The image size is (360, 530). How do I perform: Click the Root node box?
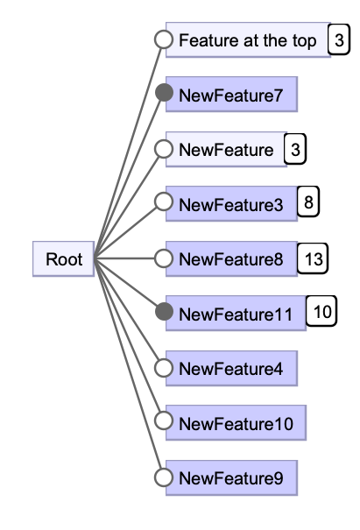[x=64, y=259]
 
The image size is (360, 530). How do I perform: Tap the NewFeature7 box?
[x=231, y=95]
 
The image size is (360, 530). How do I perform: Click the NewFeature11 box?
[x=235, y=313]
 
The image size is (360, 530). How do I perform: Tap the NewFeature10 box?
[x=235, y=423]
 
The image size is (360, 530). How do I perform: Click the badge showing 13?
[x=313, y=258]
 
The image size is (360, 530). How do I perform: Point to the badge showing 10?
[x=321, y=311]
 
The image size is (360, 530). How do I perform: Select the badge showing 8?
[x=308, y=203]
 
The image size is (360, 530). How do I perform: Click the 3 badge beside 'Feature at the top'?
[x=338, y=40]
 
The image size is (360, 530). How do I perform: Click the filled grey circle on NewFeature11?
[x=163, y=311]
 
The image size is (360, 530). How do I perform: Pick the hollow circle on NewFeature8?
[x=163, y=258]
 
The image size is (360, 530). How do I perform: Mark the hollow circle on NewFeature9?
[x=163, y=477]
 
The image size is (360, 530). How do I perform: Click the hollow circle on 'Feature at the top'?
[x=163, y=39]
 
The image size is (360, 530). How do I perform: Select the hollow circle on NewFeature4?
[x=163, y=368]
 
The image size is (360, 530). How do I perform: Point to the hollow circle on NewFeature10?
[x=163, y=422]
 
